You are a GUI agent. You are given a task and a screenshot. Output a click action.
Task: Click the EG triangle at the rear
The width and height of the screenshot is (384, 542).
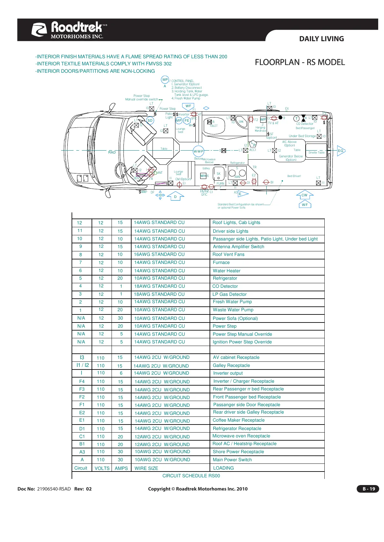point(341,151)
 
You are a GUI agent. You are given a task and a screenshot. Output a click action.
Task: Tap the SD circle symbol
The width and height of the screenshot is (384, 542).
point(150,120)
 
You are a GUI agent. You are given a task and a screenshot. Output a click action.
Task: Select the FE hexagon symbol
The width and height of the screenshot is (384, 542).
point(187,120)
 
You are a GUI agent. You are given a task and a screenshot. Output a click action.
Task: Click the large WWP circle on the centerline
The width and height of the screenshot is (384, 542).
point(198,151)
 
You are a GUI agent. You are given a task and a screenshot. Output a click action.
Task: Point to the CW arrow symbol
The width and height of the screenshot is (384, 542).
point(304,195)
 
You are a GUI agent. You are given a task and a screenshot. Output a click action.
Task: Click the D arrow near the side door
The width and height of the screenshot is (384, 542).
point(175,196)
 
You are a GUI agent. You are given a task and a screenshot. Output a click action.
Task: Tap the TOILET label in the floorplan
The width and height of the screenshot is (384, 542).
point(213,126)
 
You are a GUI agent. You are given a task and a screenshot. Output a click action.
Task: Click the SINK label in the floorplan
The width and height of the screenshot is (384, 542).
point(241,122)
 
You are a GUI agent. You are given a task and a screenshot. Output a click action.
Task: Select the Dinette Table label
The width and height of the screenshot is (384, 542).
point(316,153)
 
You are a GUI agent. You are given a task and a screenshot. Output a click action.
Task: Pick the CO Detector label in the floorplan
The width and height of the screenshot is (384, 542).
point(304,124)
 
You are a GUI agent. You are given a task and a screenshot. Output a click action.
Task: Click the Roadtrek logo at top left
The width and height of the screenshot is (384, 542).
point(69,30)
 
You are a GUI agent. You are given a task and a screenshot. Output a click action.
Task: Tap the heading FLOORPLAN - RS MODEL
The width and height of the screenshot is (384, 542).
point(300,62)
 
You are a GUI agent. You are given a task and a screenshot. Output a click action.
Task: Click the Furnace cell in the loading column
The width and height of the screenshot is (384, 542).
point(221,262)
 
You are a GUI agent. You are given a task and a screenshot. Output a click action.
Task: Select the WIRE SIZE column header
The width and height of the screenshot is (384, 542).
point(146,468)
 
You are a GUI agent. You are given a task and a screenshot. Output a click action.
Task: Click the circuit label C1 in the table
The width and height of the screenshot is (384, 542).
point(82,436)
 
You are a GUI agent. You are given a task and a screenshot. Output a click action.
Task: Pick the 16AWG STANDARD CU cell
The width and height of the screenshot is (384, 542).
point(159,254)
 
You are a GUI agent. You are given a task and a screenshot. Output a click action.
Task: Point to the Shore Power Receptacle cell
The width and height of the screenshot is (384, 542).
point(238,452)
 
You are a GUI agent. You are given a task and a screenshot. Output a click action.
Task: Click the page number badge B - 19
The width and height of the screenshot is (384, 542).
point(369,489)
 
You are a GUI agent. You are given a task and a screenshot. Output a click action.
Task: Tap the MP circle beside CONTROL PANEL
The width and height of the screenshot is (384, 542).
point(165,79)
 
